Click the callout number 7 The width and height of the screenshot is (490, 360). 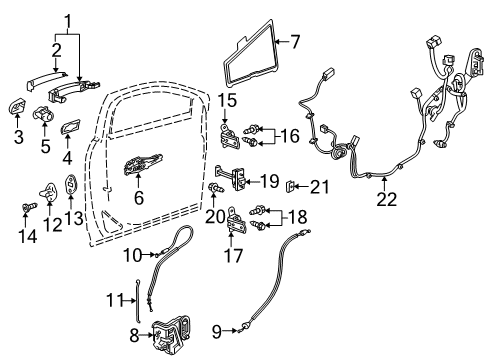(295, 42)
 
